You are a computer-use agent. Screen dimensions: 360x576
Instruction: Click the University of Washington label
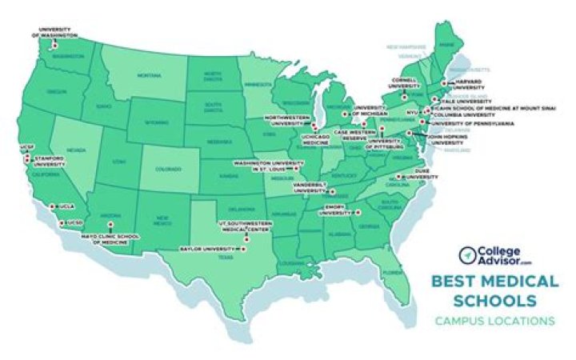coord(55,34)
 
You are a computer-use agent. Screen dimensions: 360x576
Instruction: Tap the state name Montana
coord(149,75)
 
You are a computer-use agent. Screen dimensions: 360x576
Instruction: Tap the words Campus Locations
coord(494,322)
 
